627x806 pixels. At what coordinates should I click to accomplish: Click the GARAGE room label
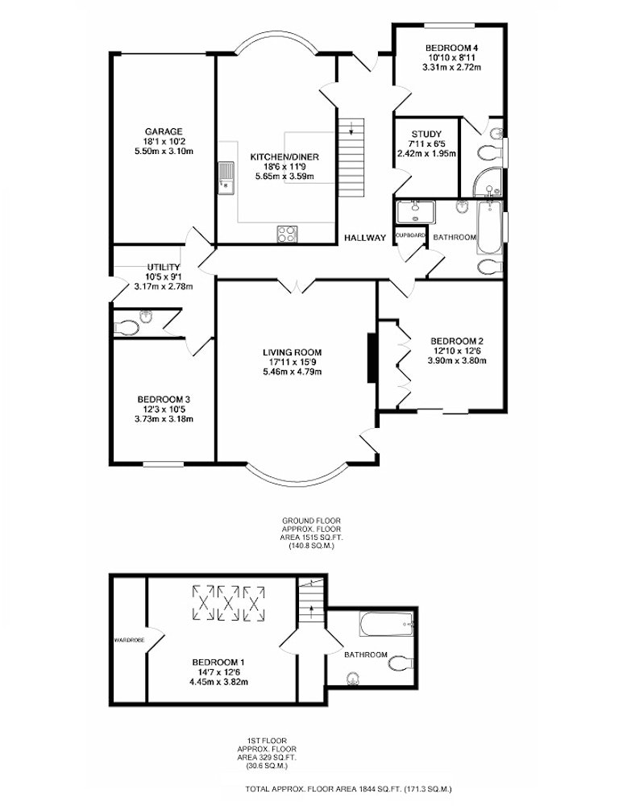pyautogui.click(x=164, y=131)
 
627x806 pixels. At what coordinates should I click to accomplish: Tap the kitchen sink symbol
pyautogui.click(x=225, y=178)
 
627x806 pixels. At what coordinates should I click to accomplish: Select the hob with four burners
pyautogui.click(x=287, y=234)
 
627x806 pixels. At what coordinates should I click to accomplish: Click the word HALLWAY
pyautogui.click(x=365, y=238)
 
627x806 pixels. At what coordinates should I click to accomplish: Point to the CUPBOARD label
pyautogui.click(x=411, y=235)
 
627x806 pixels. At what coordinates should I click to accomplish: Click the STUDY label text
pyautogui.click(x=426, y=134)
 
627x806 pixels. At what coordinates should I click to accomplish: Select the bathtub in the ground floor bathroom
pyautogui.click(x=489, y=227)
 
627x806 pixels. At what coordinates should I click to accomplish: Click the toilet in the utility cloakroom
pyautogui.click(x=127, y=327)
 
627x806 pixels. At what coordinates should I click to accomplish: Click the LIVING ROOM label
pyautogui.click(x=292, y=353)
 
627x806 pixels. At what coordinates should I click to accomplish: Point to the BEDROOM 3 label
pyautogui.click(x=164, y=400)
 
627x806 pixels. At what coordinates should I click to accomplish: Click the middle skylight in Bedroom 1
pyautogui.click(x=228, y=602)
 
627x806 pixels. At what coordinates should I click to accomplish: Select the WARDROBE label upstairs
pyautogui.click(x=129, y=640)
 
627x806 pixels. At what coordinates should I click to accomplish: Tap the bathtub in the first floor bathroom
pyautogui.click(x=387, y=624)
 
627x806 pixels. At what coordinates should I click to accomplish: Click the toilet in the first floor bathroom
pyautogui.click(x=401, y=663)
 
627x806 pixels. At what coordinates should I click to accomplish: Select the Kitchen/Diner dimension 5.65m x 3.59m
pyautogui.click(x=284, y=177)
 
